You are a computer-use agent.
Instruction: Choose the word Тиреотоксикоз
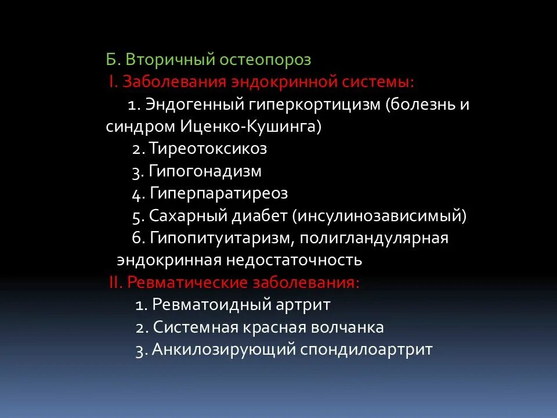(x=208, y=149)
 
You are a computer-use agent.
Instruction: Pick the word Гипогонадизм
(x=205, y=171)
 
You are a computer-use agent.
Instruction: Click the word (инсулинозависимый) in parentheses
(x=379, y=216)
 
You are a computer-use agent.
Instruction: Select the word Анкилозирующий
(x=224, y=349)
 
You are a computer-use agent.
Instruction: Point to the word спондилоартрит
(x=367, y=349)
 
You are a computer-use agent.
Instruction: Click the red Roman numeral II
(x=114, y=283)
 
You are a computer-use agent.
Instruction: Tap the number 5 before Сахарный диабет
(x=136, y=217)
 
